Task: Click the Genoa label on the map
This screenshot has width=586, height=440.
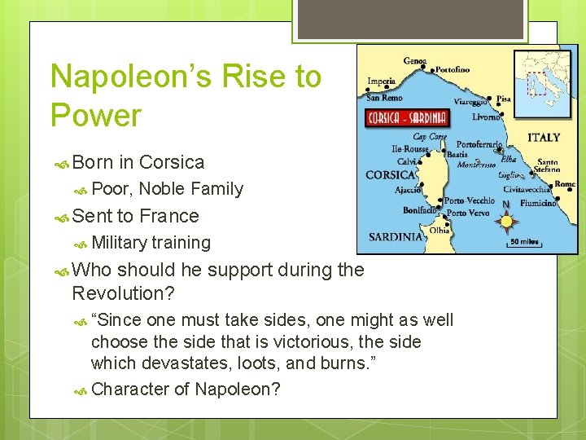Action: tap(415, 61)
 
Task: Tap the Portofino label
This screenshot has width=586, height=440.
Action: tap(453, 70)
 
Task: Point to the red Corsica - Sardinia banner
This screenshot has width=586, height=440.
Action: tap(408, 117)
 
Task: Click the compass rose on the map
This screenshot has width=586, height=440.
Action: tap(507, 221)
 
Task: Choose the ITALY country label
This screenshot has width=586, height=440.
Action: tap(544, 138)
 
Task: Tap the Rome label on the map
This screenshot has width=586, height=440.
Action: tap(564, 184)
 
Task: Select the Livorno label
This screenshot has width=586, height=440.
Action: tap(486, 117)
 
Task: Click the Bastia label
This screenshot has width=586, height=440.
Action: tap(457, 154)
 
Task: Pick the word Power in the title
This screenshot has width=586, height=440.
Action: tap(96, 116)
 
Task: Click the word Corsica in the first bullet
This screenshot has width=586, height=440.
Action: tap(172, 162)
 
